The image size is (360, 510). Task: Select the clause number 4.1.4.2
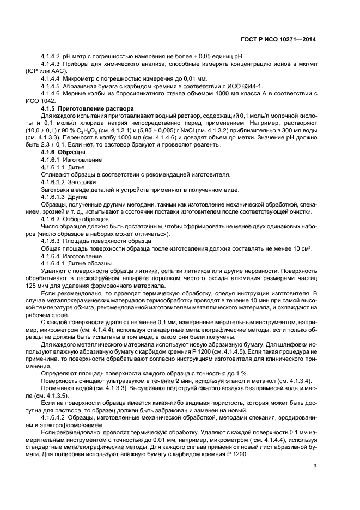(x=51, y=57)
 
